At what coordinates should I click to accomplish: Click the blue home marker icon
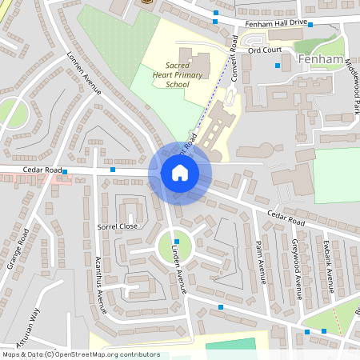pyautogui.click(x=180, y=173)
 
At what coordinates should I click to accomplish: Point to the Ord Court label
pyautogui.click(x=265, y=50)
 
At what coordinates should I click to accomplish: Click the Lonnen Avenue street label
pyautogui.click(x=84, y=74)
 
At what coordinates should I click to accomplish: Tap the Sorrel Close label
pyautogui.click(x=118, y=226)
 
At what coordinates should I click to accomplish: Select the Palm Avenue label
pyautogui.click(x=260, y=262)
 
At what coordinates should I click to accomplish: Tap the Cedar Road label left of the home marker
pyautogui.click(x=42, y=170)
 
